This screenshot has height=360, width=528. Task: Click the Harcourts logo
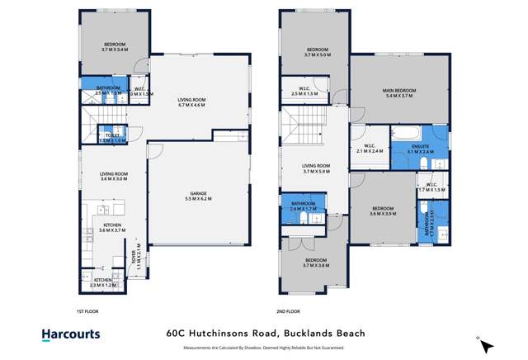71,334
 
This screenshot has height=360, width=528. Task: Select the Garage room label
199,196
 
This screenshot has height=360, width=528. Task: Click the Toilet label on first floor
113,138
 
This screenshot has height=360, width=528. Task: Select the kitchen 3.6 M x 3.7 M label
112,228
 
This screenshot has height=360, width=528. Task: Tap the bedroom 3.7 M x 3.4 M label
114,47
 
